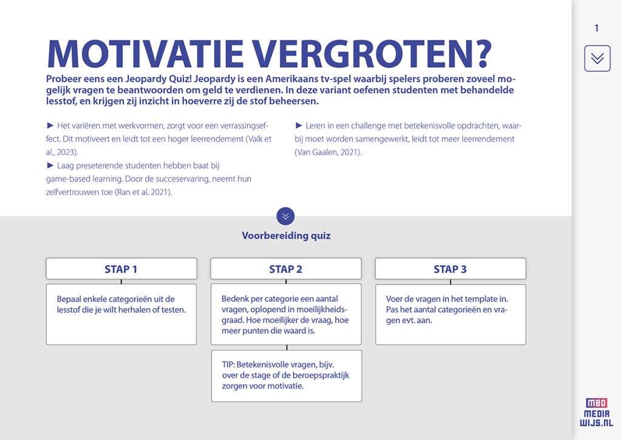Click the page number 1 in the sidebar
coord(596,28)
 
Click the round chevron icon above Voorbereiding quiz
coord(285,216)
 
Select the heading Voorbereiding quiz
coord(286,236)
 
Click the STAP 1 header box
coord(121,269)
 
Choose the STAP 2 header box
coord(286,269)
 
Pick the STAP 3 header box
coord(450,269)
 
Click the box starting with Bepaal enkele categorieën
coord(121,314)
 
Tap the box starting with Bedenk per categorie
coord(286,314)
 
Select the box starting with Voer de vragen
coord(450,314)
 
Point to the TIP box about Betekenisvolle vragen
coord(286,376)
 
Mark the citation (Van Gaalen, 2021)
coord(328,152)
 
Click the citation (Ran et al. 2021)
coord(143,192)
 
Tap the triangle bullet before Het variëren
coord(50,125)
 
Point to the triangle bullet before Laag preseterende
coord(50,165)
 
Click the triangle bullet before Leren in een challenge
coord(299,125)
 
